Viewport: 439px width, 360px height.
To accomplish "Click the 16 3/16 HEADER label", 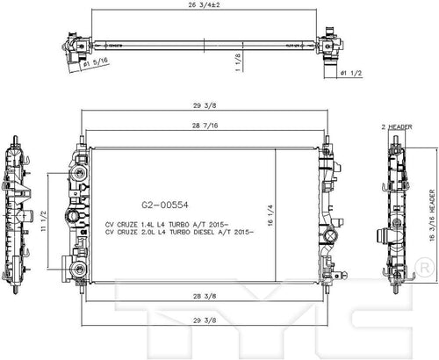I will (433, 216).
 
